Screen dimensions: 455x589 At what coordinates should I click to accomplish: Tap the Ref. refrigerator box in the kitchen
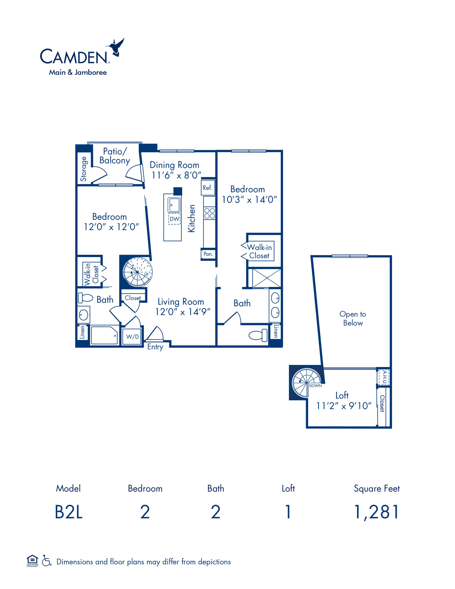208,187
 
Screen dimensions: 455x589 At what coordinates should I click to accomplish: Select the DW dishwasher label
174,219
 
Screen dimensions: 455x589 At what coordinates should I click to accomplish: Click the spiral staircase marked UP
138,272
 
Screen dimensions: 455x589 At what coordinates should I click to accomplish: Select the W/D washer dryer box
132,336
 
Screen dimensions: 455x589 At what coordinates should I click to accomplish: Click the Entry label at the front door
155,347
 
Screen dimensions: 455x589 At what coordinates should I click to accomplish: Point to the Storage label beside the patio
84,169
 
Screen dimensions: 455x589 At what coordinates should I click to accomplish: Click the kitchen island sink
174,205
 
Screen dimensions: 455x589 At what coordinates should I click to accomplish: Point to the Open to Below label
353,318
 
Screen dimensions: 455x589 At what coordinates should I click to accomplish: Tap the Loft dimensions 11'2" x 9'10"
344,406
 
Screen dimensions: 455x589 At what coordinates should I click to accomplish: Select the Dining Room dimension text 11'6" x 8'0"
176,175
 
